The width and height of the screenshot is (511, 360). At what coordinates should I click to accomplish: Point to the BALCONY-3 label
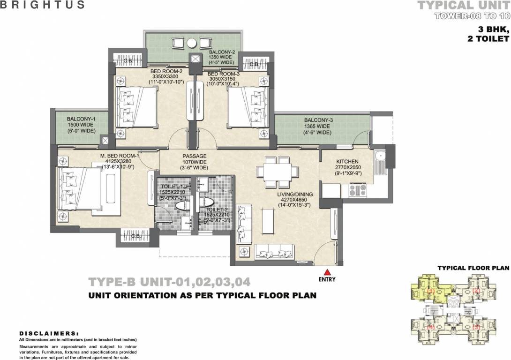[x=318, y=120]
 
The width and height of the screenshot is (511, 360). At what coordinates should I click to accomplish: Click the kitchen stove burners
[x=357, y=190]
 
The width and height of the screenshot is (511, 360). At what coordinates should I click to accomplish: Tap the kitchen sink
[x=380, y=157]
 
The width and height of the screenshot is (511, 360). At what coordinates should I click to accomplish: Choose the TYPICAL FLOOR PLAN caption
[x=473, y=268]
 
